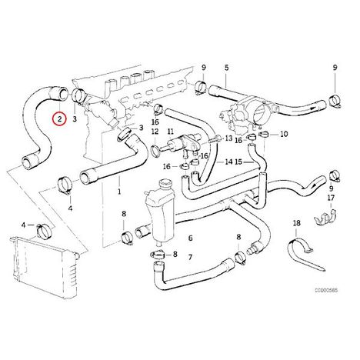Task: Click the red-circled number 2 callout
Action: [59, 119]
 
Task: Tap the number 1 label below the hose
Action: [119, 192]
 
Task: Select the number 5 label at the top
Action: [226, 68]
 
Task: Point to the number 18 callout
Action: [296, 223]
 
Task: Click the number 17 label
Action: [331, 198]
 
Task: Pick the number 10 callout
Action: [284, 134]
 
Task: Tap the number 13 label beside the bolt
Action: [228, 138]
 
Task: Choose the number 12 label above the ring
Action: [155, 132]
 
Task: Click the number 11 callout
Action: [171, 132]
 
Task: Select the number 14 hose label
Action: [228, 162]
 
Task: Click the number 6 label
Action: [190, 238]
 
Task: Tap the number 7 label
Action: [190, 257]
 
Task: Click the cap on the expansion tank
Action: [163, 184]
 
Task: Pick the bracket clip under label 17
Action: [325, 218]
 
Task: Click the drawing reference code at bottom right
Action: [326, 290]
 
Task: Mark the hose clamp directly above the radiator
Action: [45, 230]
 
